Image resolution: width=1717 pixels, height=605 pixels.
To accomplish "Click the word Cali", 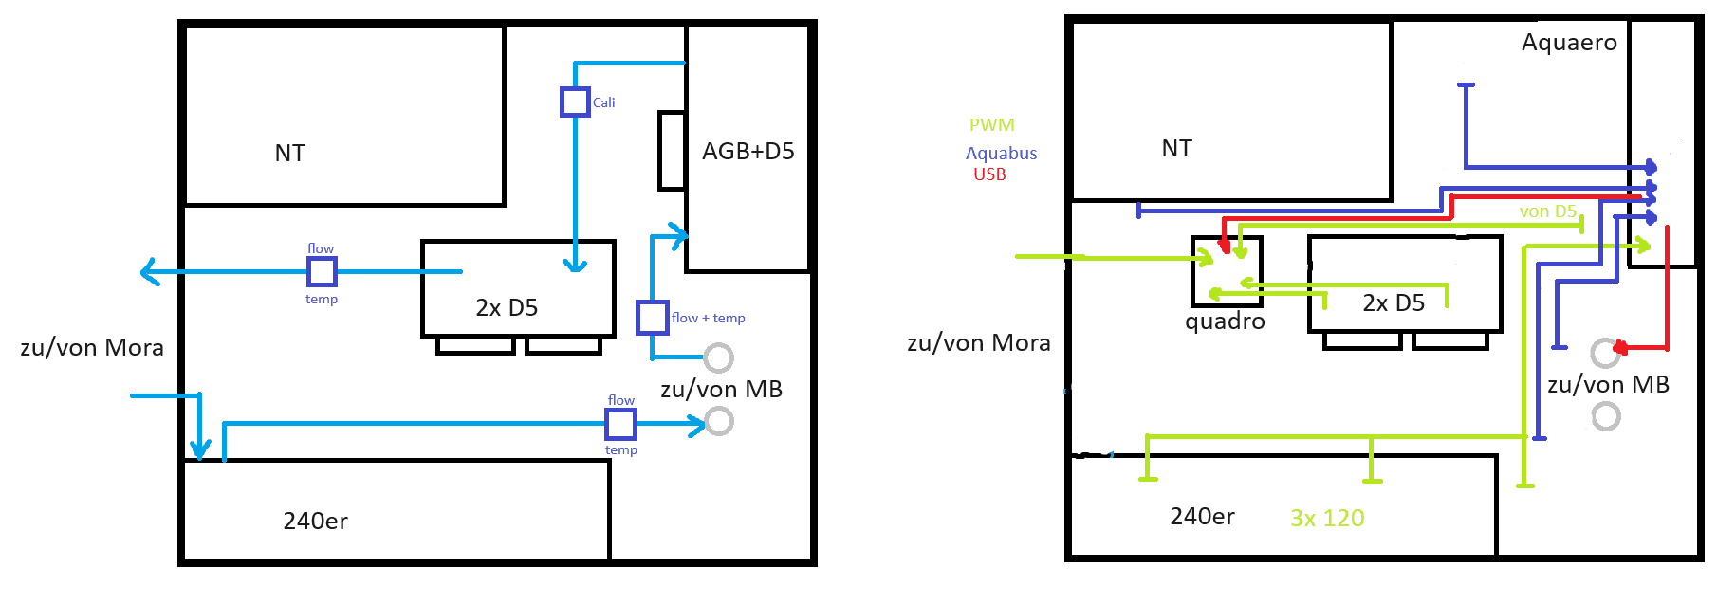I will click(603, 102).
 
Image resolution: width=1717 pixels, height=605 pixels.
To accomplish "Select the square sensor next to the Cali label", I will click(575, 101).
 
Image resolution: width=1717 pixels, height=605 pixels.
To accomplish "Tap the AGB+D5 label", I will click(748, 152).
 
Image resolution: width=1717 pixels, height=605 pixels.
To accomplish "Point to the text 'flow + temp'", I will click(708, 318).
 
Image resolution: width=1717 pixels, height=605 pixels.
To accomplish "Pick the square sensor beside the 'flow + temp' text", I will click(652, 317).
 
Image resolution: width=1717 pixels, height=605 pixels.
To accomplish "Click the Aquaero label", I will click(1569, 43).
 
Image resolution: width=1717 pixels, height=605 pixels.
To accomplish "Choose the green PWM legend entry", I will click(991, 125).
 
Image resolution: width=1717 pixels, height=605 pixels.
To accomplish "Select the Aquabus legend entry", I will click(1001, 154).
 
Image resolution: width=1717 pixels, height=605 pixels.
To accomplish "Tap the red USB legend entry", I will click(989, 174).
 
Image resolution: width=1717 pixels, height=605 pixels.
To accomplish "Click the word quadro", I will click(1225, 321).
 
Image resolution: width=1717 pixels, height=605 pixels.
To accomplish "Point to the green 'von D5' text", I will click(1547, 211).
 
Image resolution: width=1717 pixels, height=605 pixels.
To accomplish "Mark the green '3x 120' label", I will click(1327, 519).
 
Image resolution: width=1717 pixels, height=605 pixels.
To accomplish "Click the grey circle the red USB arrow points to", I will click(1604, 353).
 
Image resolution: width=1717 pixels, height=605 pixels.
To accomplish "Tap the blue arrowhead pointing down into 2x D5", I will click(575, 266).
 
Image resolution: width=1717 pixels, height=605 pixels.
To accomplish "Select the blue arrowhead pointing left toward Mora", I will click(149, 272).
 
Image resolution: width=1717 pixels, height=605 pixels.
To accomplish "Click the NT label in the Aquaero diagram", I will click(1176, 149).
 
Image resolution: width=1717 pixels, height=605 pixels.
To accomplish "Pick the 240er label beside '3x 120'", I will click(1202, 517).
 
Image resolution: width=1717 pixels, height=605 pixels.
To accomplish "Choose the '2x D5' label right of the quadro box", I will click(1394, 303).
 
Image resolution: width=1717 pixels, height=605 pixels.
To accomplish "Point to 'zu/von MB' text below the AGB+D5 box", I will click(721, 390).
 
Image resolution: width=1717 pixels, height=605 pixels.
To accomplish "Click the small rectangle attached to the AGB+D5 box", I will click(672, 150).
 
